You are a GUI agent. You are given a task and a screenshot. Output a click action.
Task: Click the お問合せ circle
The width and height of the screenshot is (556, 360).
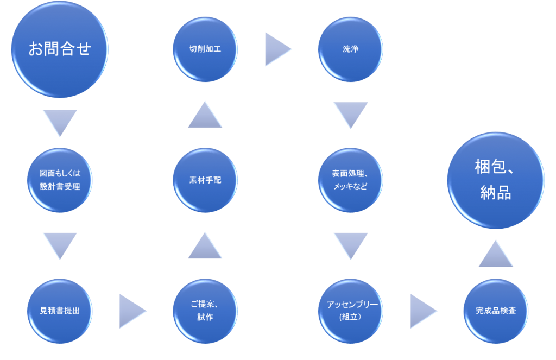(60, 49)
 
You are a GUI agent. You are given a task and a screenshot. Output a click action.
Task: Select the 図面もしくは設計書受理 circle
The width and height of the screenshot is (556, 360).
(60, 180)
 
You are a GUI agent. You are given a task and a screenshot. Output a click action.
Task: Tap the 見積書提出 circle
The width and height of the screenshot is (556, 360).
(60, 311)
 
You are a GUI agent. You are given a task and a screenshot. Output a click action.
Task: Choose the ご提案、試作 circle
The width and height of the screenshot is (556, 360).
(205, 311)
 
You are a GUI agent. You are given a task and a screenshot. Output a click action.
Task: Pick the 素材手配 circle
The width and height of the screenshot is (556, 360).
(205, 180)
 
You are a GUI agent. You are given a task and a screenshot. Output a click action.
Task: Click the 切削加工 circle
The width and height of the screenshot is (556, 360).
(205, 49)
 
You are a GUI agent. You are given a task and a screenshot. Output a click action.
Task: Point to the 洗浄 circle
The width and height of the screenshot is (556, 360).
(350, 49)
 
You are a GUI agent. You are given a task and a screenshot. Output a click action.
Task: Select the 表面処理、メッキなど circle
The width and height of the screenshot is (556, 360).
(350, 180)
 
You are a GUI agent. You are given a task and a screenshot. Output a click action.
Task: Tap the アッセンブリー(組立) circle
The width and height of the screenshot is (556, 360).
(350, 311)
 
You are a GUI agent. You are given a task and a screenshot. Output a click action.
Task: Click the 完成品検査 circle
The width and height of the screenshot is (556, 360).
(496, 311)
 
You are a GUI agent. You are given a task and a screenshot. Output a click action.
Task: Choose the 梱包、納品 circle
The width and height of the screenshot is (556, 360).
(496, 180)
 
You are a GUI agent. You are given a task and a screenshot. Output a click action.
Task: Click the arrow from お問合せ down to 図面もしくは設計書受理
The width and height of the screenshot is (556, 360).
(60, 122)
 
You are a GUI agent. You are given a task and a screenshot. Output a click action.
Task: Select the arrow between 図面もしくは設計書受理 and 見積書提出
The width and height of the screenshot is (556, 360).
(60, 245)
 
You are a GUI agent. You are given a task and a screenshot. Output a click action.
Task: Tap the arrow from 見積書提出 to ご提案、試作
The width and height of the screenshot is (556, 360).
(131, 311)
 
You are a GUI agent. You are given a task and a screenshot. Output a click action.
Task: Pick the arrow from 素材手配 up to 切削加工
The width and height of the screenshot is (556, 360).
(205, 115)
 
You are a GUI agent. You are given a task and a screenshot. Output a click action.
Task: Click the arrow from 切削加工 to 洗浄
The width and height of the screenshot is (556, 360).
(277, 49)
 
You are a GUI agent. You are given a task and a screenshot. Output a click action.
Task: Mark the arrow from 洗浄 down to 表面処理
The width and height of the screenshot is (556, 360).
(350, 114)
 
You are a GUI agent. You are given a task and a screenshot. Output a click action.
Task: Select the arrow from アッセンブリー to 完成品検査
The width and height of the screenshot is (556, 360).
(422, 311)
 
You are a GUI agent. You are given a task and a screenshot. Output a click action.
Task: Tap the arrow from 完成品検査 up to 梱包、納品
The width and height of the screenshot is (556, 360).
(496, 254)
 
